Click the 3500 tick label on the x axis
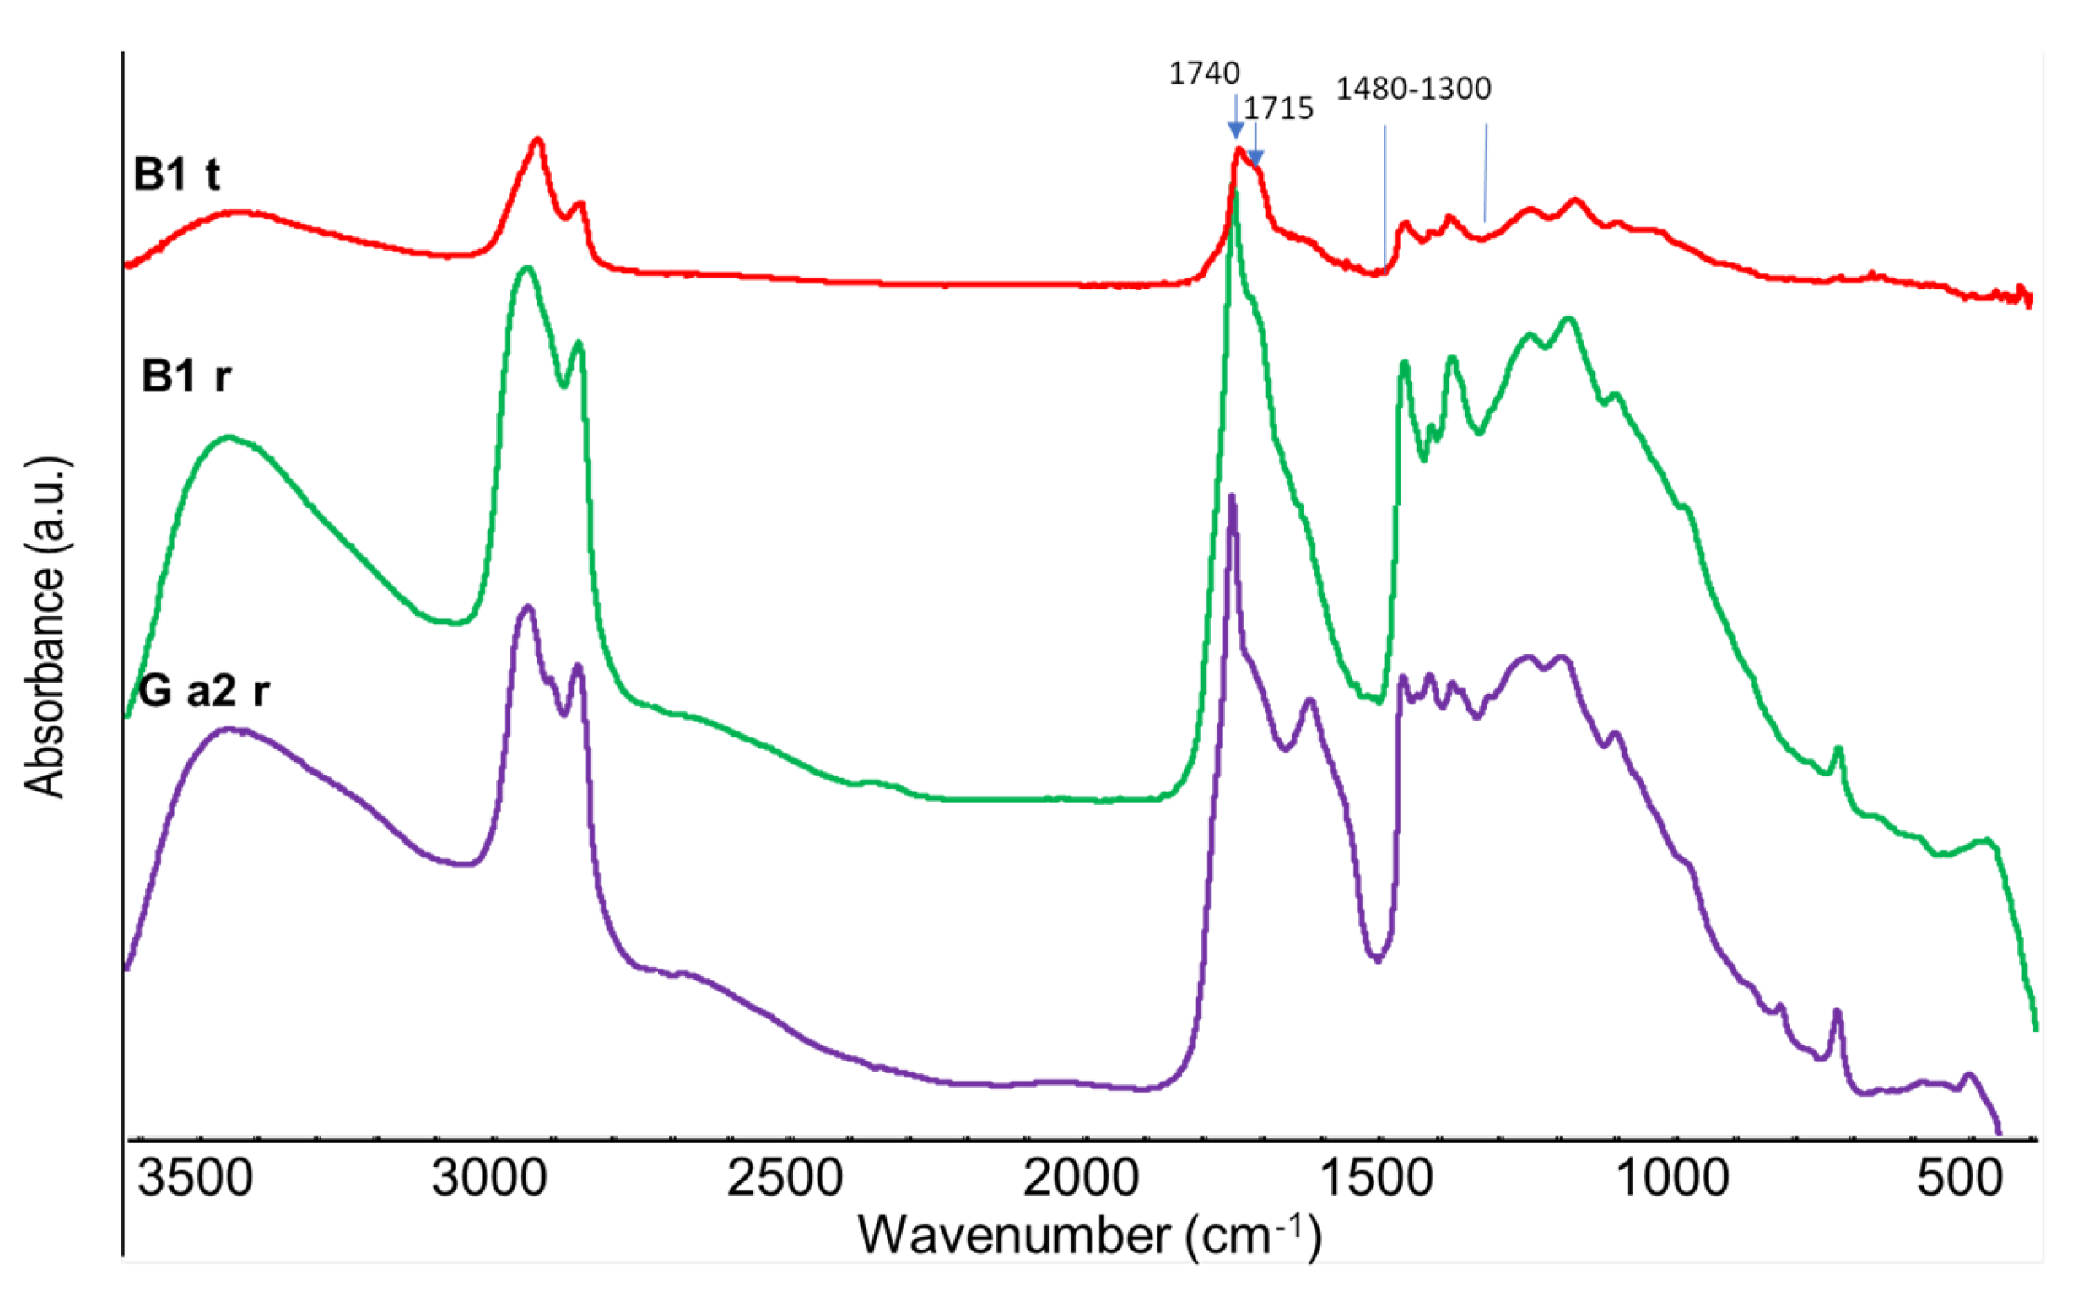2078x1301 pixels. [196, 1177]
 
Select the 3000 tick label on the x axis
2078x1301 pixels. [489, 1177]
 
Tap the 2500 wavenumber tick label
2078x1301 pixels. [785, 1177]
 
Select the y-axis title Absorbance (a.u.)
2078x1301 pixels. [45, 628]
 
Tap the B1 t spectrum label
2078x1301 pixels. [176, 175]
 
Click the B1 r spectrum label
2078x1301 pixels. [186, 376]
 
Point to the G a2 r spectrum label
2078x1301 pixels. [204, 691]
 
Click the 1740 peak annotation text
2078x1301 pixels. [1204, 74]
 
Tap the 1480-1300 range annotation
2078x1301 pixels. [1413, 89]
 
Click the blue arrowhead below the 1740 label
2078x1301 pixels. [1236, 131]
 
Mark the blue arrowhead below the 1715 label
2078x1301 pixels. [1255, 159]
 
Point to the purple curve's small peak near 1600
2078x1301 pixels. [1309, 701]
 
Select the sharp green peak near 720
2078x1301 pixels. [1838, 749]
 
